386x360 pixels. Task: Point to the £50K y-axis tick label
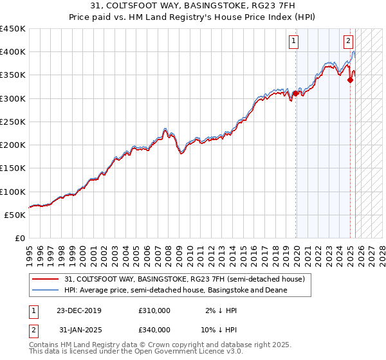pyautogui.click(x=14, y=215)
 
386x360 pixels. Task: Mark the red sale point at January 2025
pyautogui.click(x=351, y=80)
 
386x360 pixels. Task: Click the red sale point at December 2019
pyautogui.click(x=295, y=94)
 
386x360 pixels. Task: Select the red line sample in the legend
pyautogui.click(x=46, y=279)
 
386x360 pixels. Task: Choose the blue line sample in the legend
pyautogui.click(x=46, y=290)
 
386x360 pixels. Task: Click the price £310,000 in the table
pyautogui.click(x=154, y=310)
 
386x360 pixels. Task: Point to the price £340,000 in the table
pyautogui.click(x=154, y=330)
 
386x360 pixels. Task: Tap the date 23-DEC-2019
pyautogui.click(x=79, y=310)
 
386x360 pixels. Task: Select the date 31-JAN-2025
pyautogui.click(x=80, y=330)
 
